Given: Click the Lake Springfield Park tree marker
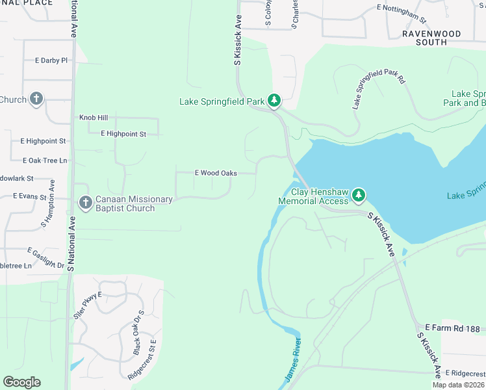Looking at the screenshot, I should (275, 101).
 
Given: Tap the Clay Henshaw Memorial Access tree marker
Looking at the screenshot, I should (359, 195).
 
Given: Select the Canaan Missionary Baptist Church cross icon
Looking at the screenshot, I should (85, 203).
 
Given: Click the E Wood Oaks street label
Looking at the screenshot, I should (216, 173).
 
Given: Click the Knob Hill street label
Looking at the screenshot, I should (94, 118).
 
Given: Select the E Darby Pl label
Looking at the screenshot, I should (51, 60).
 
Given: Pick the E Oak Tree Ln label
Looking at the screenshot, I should (45, 160).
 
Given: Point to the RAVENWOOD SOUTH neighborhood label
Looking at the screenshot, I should (431, 38).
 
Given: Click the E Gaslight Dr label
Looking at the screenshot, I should (45, 258).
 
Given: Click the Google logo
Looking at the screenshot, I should (21, 382).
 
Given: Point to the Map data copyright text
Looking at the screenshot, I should (459, 385).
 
